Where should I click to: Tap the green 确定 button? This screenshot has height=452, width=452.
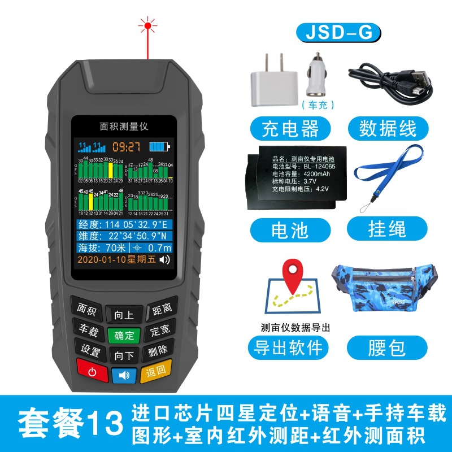124,335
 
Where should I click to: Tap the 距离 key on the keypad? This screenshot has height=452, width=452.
162,310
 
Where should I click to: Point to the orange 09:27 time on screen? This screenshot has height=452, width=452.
126,147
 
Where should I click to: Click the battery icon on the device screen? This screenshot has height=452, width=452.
159,147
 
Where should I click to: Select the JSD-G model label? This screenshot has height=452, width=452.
338,33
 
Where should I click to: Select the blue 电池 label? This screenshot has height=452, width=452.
290,228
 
